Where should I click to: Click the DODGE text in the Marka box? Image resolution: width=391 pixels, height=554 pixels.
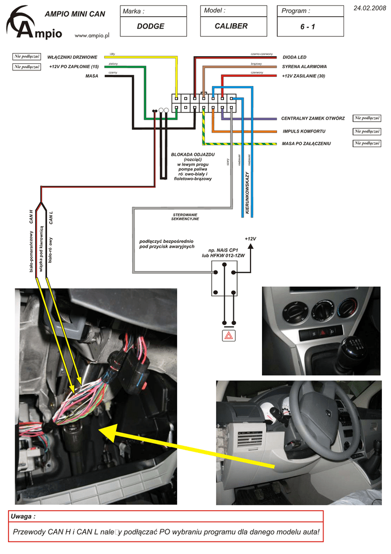coord(150,26)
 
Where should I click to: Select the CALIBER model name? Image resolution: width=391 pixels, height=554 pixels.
coord(231,26)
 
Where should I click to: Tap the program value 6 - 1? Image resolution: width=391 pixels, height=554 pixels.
coord(308,27)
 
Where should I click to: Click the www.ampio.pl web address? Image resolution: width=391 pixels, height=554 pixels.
coord(92,35)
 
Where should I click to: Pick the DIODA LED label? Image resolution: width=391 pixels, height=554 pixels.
coord(294,57)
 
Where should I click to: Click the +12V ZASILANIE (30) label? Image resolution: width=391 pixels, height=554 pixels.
coord(304,76)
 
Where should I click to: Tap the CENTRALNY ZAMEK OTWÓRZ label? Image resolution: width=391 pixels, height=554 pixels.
coord(313,118)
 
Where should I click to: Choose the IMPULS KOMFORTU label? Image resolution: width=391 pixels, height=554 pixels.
coord(304,131)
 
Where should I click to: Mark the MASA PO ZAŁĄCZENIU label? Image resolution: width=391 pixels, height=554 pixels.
coord(306,143)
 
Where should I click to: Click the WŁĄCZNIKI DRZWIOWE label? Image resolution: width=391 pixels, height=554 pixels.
coord(72,57)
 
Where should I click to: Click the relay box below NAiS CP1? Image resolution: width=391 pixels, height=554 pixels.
coord(224,278)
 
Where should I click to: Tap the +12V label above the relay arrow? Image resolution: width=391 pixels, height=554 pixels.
coord(250,239)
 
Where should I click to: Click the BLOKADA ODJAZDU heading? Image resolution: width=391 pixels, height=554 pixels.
coord(193,155)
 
